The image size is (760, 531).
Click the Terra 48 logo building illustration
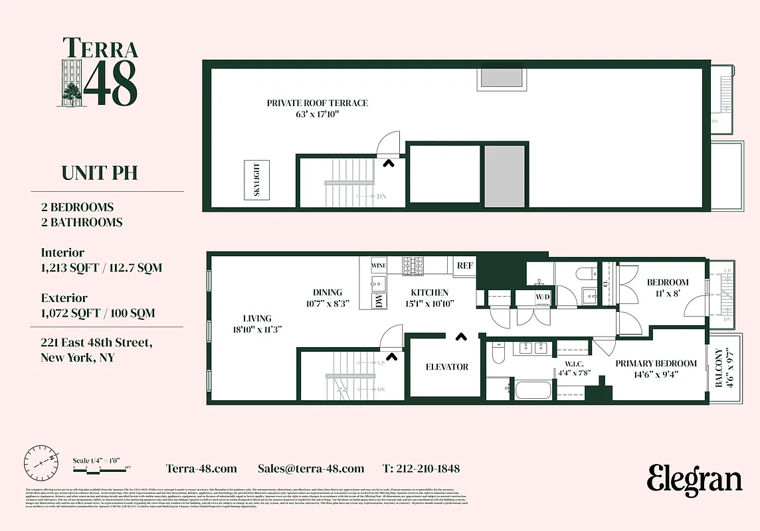click(72, 81)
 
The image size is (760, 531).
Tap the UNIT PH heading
click(99, 173)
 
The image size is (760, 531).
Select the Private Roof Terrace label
click(317, 103)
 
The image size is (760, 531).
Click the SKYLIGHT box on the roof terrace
click(257, 179)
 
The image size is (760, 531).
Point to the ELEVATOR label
click(446, 367)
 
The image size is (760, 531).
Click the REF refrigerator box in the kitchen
click(464, 265)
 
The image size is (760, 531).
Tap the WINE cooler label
click(379, 265)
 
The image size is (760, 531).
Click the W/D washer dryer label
click(543, 296)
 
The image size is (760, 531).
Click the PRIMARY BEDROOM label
click(656, 364)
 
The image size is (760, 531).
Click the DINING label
click(328, 293)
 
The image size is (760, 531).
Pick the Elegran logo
click(694, 479)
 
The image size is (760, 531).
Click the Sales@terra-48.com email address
click(310, 469)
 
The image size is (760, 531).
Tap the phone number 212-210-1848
click(421, 469)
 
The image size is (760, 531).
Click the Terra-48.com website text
click(201, 469)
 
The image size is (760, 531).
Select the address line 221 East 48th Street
click(96, 343)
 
